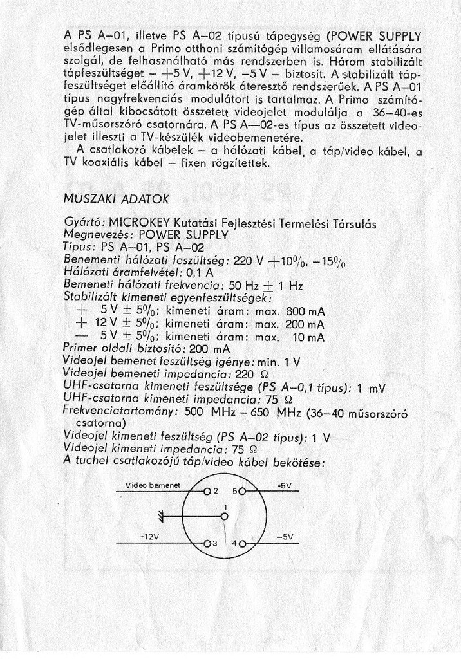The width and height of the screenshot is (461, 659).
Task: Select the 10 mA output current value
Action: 309,337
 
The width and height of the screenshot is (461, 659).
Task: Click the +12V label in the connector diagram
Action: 149,535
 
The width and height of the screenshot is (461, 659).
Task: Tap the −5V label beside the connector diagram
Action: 285,536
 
